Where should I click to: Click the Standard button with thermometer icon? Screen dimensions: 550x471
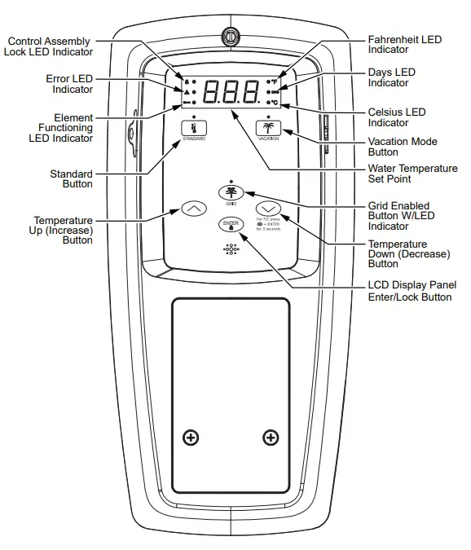193,130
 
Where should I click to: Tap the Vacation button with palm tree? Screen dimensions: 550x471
267,130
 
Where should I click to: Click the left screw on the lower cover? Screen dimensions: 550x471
191,438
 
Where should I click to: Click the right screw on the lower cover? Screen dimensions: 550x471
271,438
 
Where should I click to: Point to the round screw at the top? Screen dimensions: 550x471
231,37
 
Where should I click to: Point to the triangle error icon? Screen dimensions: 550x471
187,93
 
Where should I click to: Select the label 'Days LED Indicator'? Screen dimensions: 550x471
392,77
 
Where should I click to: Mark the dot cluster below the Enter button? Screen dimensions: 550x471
231,249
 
